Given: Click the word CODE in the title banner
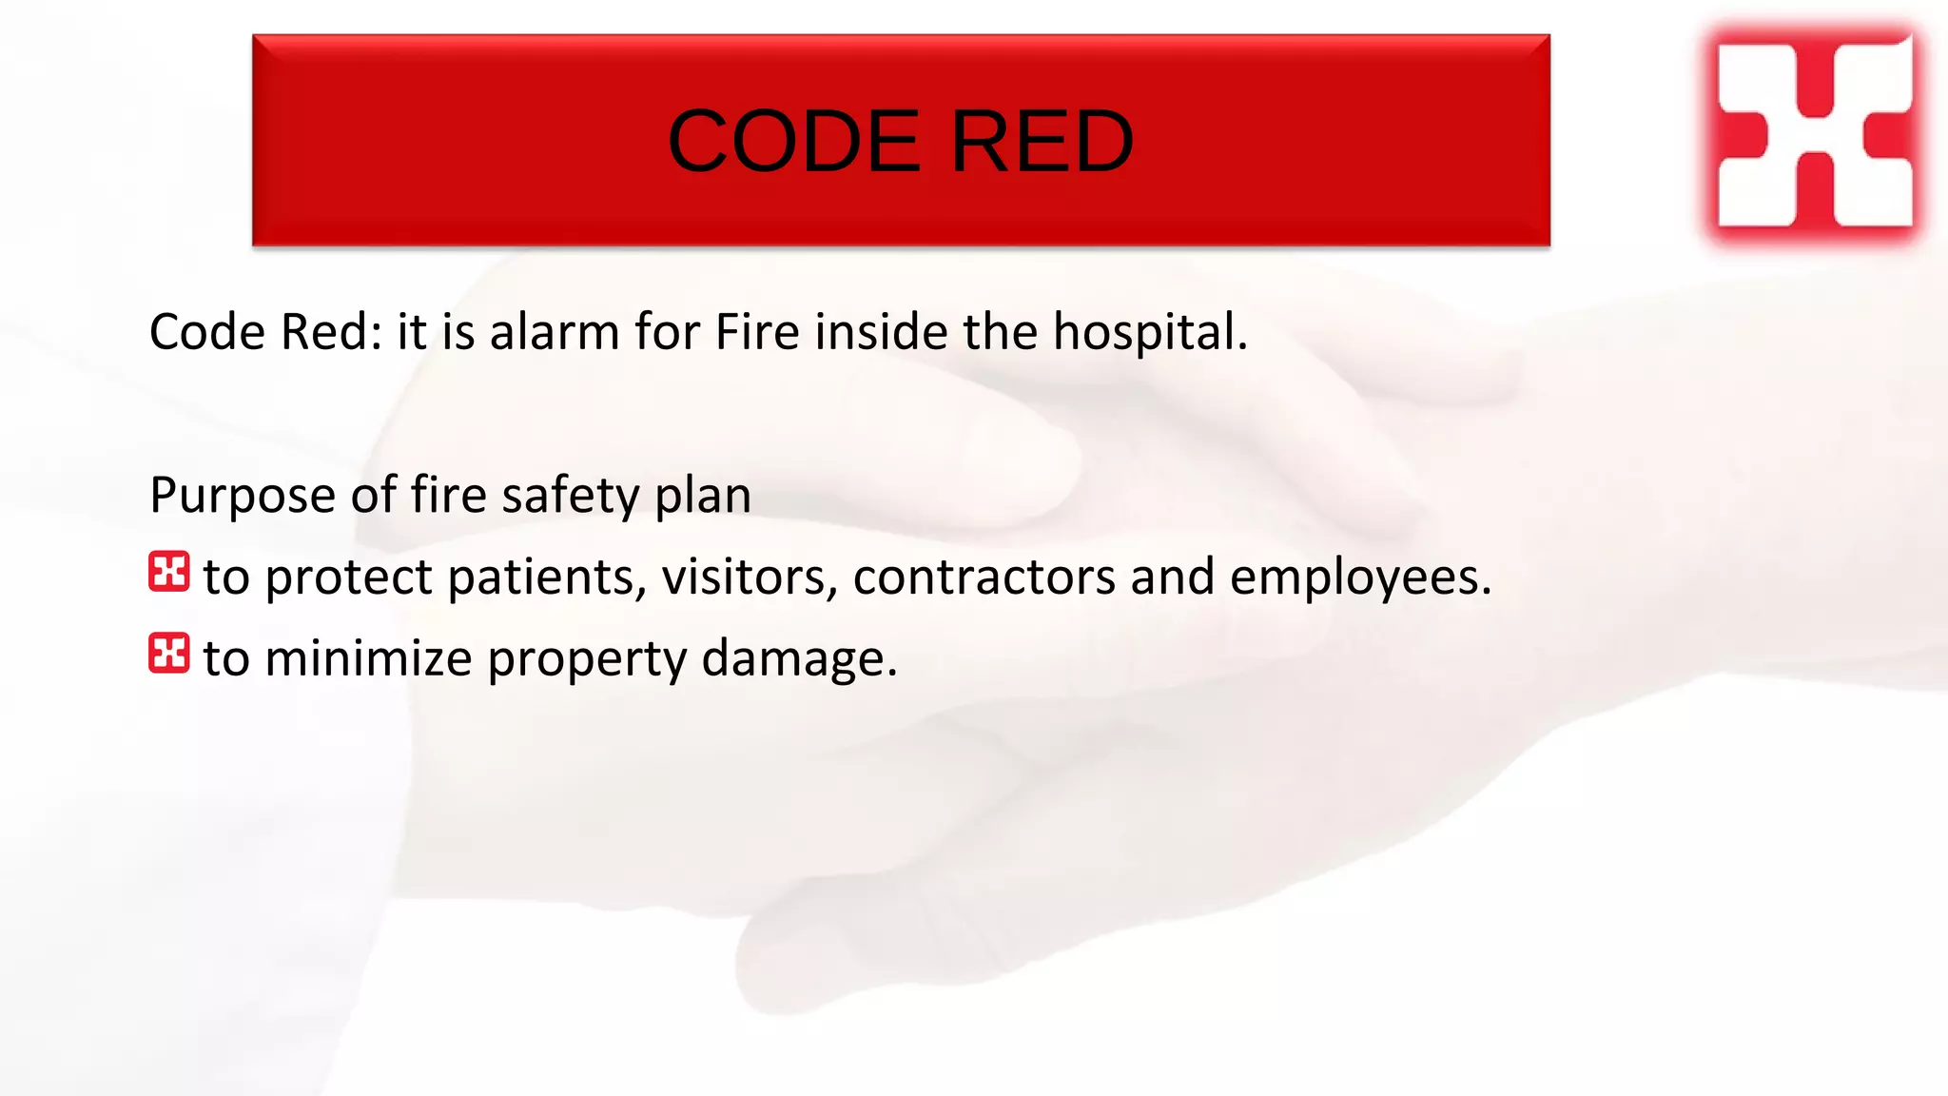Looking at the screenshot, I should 793,142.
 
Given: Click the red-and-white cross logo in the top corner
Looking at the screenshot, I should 1814,133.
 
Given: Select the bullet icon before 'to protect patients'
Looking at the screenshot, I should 169,573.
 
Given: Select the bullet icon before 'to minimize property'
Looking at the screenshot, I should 169,654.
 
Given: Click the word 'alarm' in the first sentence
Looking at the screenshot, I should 555,332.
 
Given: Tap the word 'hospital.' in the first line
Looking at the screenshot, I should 1150,334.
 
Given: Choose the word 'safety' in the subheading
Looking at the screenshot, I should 571,497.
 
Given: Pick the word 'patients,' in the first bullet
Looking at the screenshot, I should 547,577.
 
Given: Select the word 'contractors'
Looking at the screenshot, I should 984,577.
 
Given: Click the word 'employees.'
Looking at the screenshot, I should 1360,577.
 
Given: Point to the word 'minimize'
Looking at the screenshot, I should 368,658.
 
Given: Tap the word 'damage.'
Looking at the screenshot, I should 799,658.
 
